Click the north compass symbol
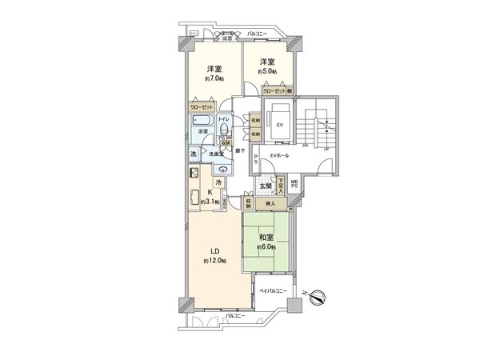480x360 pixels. (318, 299)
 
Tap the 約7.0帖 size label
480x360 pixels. (214, 78)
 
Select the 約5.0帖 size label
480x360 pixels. (267, 72)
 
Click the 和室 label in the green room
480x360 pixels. (266, 237)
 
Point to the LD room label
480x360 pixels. (214, 250)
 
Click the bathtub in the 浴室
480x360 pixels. (201, 122)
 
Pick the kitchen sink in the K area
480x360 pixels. (194, 199)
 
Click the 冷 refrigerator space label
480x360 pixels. (217, 182)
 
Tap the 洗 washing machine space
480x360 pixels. (194, 154)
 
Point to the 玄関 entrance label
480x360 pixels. (266, 186)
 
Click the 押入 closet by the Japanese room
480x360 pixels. (271, 205)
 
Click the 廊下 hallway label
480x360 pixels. (238, 150)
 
